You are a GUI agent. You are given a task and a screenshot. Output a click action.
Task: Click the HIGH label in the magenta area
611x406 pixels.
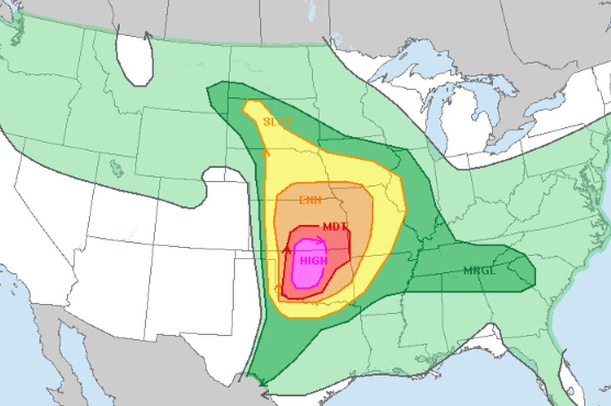(x=313, y=261)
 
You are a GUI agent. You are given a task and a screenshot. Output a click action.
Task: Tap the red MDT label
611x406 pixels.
(x=335, y=227)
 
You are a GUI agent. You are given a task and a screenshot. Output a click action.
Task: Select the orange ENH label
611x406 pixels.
(x=311, y=199)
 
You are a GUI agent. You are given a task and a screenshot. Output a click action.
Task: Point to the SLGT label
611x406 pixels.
(x=277, y=122)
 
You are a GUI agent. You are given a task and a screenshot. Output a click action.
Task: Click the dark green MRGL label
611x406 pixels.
(x=479, y=270)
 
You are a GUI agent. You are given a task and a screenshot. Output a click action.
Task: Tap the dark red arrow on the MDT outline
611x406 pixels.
(x=287, y=249)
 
